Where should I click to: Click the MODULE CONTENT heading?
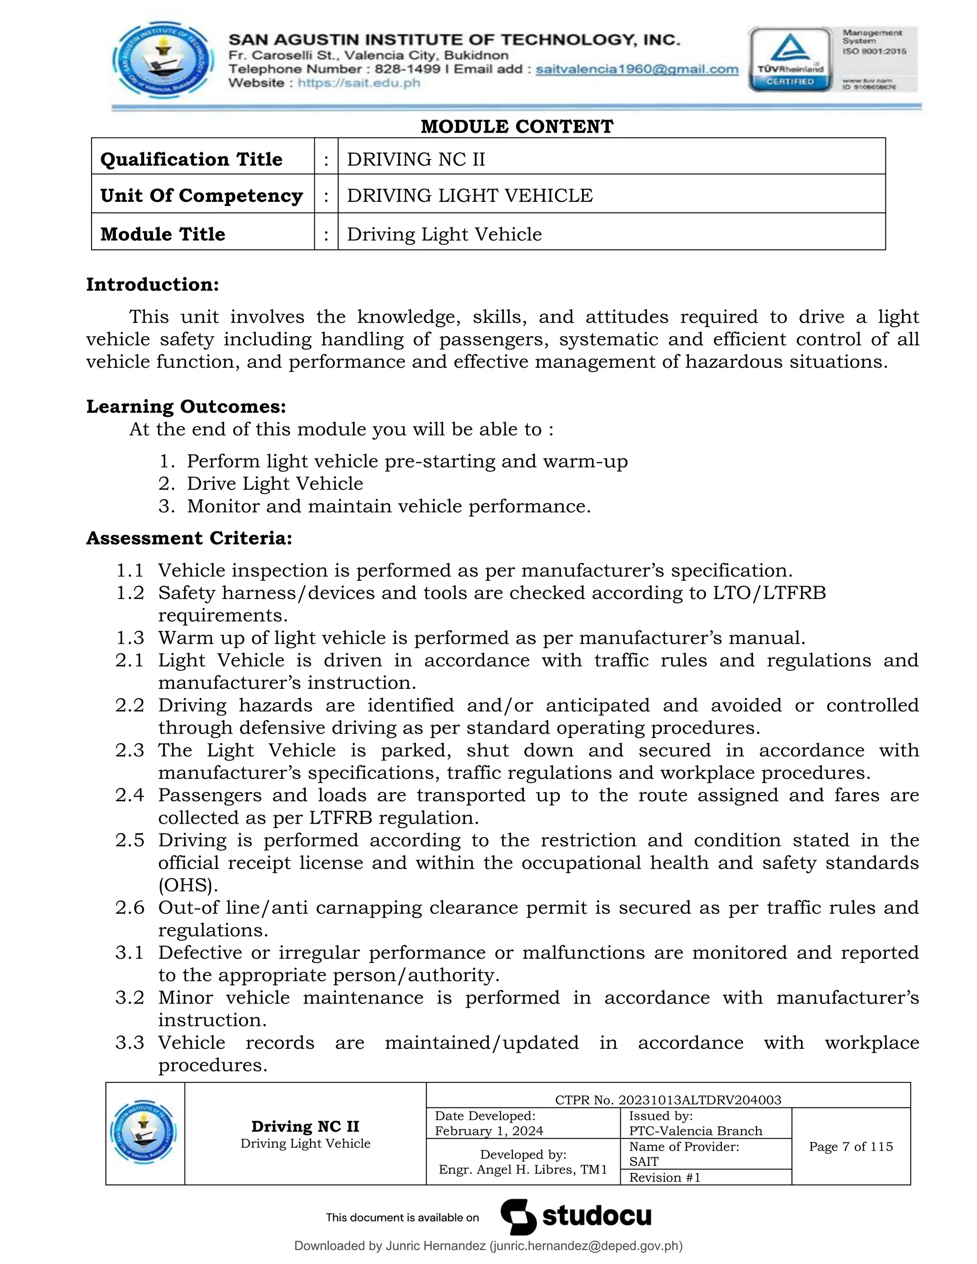pos(516,126)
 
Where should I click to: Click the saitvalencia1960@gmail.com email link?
pos(637,70)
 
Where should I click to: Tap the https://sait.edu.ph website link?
pos(359,83)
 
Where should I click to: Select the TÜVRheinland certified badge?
pos(790,60)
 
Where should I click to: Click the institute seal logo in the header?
pos(162,61)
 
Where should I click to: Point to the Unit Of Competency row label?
pos(201,196)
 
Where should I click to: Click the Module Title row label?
pos(163,234)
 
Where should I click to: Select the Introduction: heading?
pos(153,284)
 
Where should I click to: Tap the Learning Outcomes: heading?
pos(186,406)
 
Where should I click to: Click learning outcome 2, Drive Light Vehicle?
pos(274,483)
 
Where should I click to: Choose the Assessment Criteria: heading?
pos(189,538)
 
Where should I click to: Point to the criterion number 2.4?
pos(129,795)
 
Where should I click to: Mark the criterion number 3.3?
pos(129,1042)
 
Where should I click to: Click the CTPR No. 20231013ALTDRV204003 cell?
pos(668,1099)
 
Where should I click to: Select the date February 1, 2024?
pos(489,1131)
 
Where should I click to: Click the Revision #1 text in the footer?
pos(665,1177)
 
